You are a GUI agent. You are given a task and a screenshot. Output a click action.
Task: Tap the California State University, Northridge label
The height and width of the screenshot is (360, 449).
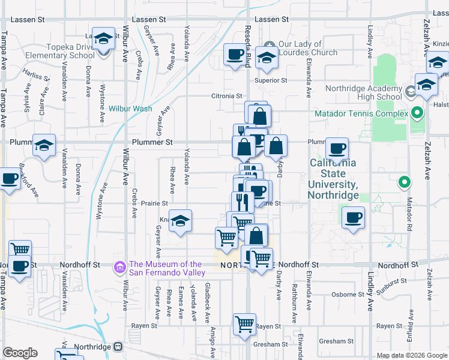tap(333, 179)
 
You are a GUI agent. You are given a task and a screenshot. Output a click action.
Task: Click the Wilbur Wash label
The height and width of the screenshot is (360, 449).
tap(130, 109)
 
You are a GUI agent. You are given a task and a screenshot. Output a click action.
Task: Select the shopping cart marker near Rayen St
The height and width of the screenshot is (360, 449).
tap(245, 324)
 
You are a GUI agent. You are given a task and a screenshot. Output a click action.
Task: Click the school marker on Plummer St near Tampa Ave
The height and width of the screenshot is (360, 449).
tap(44, 145)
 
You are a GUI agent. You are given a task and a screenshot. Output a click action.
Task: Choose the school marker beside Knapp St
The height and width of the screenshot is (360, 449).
tap(180, 221)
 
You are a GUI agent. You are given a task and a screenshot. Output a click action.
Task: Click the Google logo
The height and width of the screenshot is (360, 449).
tap(20, 353)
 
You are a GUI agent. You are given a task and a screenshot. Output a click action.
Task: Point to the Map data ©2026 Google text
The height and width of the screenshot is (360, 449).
tap(411, 355)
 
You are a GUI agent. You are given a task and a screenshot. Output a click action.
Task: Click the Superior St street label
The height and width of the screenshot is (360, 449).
tap(271, 80)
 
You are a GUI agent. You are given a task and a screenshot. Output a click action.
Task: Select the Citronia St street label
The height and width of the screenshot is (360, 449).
tap(226, 96)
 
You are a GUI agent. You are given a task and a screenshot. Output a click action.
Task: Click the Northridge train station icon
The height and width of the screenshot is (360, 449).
tap(118, 347)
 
